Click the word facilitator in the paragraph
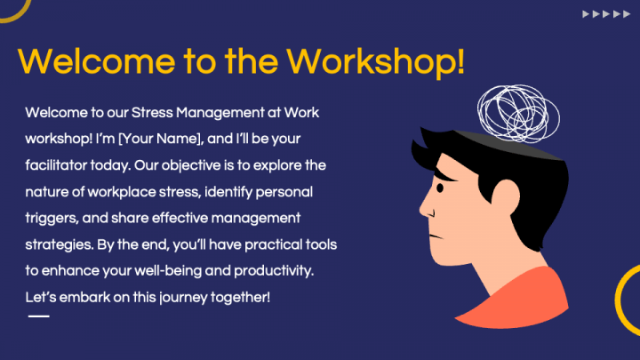[60, 164]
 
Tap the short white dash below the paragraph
[38, 316]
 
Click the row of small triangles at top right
[602, 15]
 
